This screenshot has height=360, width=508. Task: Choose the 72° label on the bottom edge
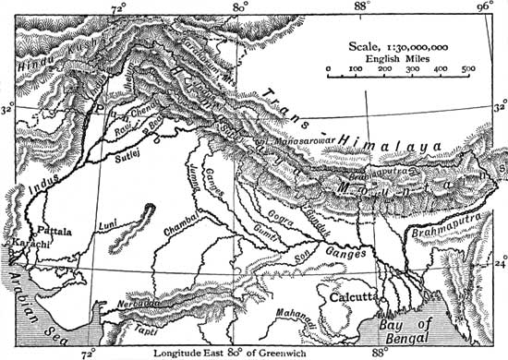pos(89,352)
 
